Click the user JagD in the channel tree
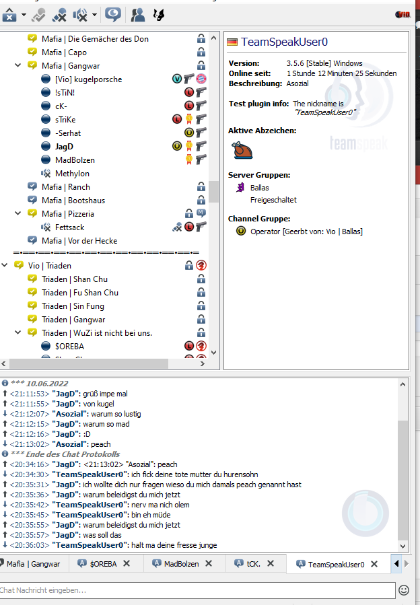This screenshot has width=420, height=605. (x=64, y=147)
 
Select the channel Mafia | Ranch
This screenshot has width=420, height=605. (x=66, y=187)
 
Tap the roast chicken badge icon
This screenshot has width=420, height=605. (x=242, y=150)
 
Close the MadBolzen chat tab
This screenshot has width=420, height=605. (x=209, y=564)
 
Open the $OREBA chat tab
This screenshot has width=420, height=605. (x=103, y=564)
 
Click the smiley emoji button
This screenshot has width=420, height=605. (x=404, y=590)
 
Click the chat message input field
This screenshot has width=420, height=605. (x=197, y=590)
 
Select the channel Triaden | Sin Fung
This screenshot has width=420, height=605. (x=73, y=306)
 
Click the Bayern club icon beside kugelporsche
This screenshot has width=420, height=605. (x=201, y=79)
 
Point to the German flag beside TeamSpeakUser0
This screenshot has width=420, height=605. (x=232, y=42)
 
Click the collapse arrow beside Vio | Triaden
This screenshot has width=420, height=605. (x=5, y=265)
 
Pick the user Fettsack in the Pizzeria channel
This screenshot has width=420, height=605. (x=69, y=227)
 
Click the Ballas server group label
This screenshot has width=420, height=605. (x=259, y=188)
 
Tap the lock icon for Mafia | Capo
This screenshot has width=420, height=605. (x=201, y=52)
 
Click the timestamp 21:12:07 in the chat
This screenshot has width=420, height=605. (x=30, y=414)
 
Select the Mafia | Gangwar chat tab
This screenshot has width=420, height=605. (x=33, y=564)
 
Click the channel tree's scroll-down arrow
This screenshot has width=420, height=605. (x=214, y=353)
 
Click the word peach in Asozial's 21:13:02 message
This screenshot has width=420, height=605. (x=101, y=444)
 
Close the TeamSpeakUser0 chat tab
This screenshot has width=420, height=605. (x=374, y=564)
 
